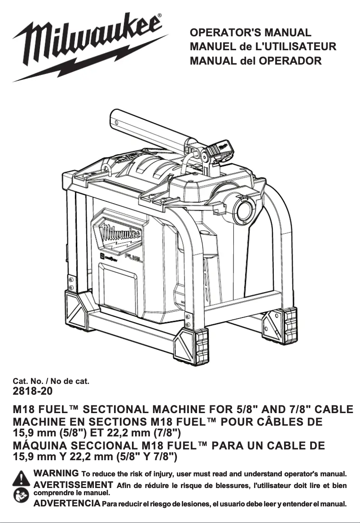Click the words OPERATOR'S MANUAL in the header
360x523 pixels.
(250, 33)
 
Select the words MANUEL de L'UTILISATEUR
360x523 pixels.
(263, 47)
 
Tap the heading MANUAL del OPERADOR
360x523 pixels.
(256, 61)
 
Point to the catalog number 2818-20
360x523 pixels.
(33, 391)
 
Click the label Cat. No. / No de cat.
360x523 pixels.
(51, 382)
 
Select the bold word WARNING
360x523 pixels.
(57, 473)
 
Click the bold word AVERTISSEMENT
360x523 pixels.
(73, 484)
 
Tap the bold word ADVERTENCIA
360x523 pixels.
(67, 504)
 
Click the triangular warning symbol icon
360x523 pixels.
(21, 479)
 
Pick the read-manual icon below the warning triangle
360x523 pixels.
(21, 497)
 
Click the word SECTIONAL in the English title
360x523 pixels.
(117, 410)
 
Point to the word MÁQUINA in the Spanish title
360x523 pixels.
(39, 446)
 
